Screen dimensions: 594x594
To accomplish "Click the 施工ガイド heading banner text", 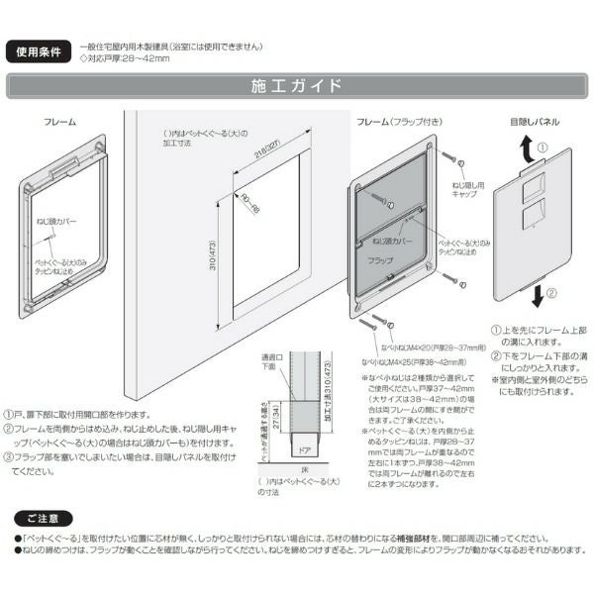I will pos(297,86).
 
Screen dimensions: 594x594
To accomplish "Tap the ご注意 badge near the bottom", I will pos(44,517).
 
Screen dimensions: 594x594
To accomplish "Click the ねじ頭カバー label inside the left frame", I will pos(59,224).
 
